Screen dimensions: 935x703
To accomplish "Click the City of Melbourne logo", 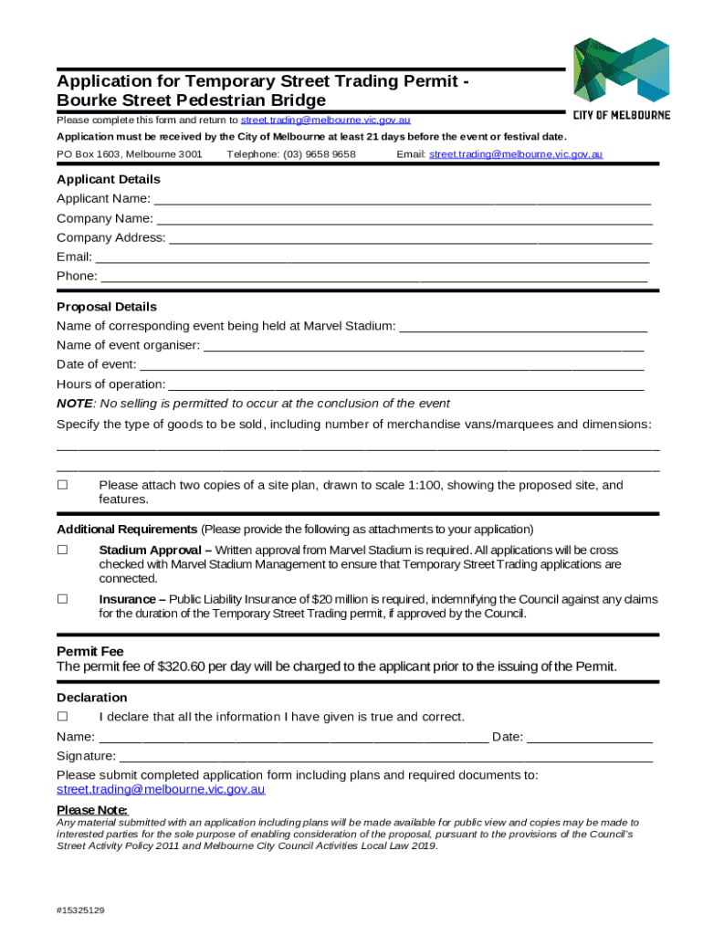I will pos(621,78).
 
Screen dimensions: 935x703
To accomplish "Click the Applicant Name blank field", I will pos(402,200).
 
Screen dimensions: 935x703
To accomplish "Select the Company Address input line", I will pos(411,238).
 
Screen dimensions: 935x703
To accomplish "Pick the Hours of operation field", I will pos(406,384).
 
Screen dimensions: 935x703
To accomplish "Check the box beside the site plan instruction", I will pos(63,486).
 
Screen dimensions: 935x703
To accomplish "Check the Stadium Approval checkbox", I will pos(63,551).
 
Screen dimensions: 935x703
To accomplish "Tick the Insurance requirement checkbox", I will pos(63,599).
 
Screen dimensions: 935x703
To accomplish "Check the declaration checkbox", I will pos(63,716).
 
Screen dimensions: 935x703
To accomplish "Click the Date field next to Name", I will pos(590,738).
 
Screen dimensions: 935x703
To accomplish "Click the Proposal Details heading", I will pos(107,307).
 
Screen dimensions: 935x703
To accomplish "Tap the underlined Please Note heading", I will pos(92,810).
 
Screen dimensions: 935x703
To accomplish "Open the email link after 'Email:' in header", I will pos(516,154).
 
